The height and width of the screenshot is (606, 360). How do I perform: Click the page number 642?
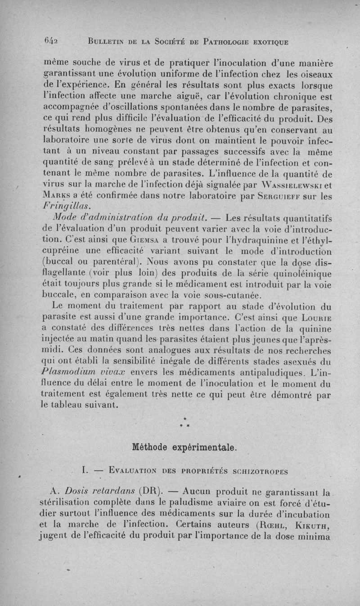coord(54,41)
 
